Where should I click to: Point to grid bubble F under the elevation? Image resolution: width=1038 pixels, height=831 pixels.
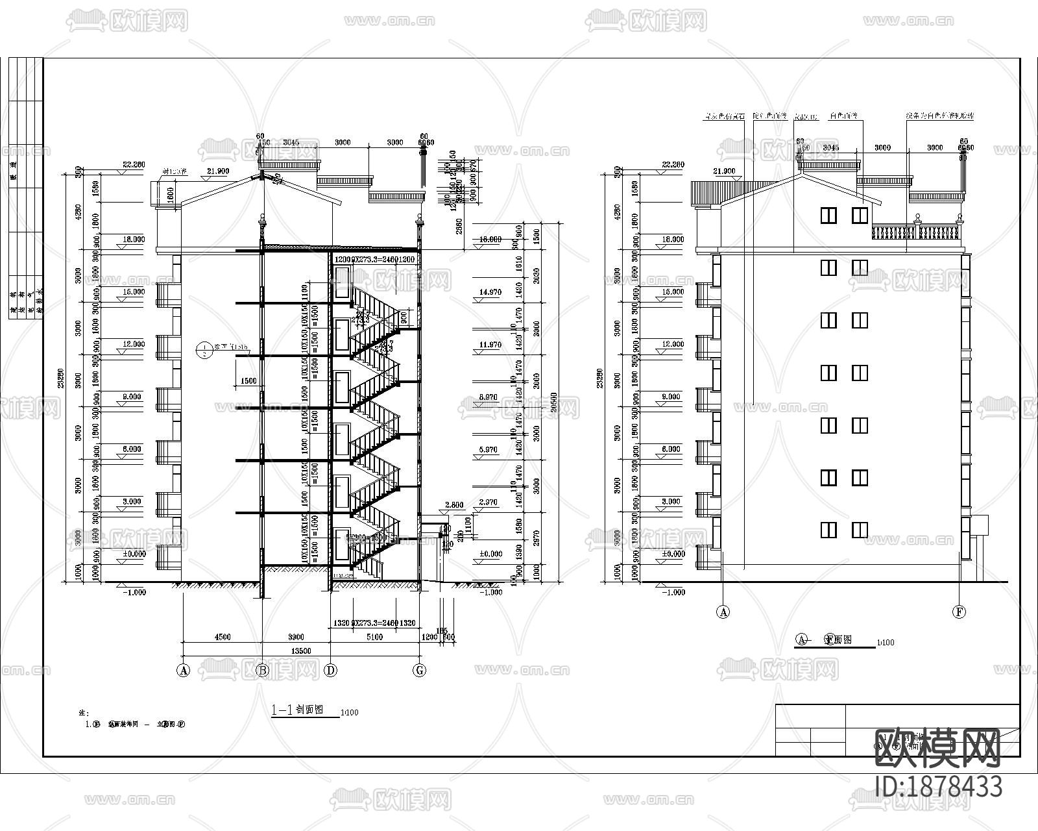(x=958, y=612)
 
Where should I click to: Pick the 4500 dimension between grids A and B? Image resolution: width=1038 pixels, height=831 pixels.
(x=222, y=637)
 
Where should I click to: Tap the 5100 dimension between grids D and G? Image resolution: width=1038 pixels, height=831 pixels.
(x=374, y=637)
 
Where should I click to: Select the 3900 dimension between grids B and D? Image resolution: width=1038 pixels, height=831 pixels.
(x=296, y=637)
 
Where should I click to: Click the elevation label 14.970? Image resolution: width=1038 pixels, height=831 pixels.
(x=490, y=292)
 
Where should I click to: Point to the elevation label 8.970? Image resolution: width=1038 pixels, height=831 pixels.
(x=488, y=397)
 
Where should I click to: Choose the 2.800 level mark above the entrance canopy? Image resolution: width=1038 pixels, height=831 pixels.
(x=454, y=504)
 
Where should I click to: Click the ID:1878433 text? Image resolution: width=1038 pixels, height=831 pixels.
(x=938, y=787)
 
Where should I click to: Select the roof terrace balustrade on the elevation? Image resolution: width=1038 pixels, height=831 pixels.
(x=915, y=232)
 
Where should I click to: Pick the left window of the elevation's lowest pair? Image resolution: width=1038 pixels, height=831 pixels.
(x=828, y=530)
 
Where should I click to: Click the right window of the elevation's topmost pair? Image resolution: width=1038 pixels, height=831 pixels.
(x=860, y=215)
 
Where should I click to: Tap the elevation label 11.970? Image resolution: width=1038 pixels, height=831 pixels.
(x=490, y=345)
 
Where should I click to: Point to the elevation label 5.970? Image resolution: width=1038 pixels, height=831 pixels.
(x=488, y=449)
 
